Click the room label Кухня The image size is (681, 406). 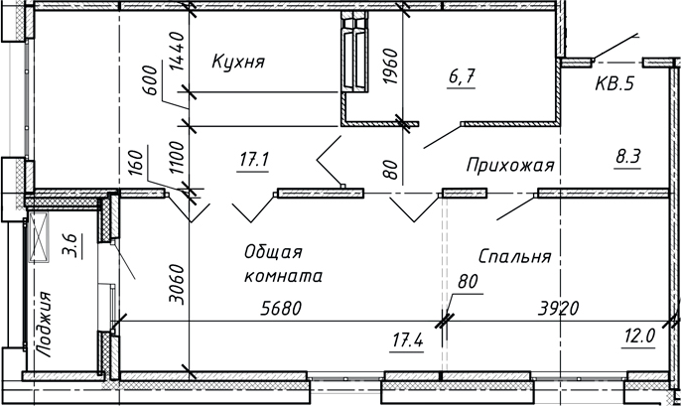(x=238, y=63)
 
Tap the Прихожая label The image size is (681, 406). (x=509, y=164)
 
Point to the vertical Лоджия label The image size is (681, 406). (x=41, y=322)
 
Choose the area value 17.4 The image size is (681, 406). (x=407, y=341)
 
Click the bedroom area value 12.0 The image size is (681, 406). (x=639, y=336)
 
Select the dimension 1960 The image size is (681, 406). (x=391, y=68)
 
